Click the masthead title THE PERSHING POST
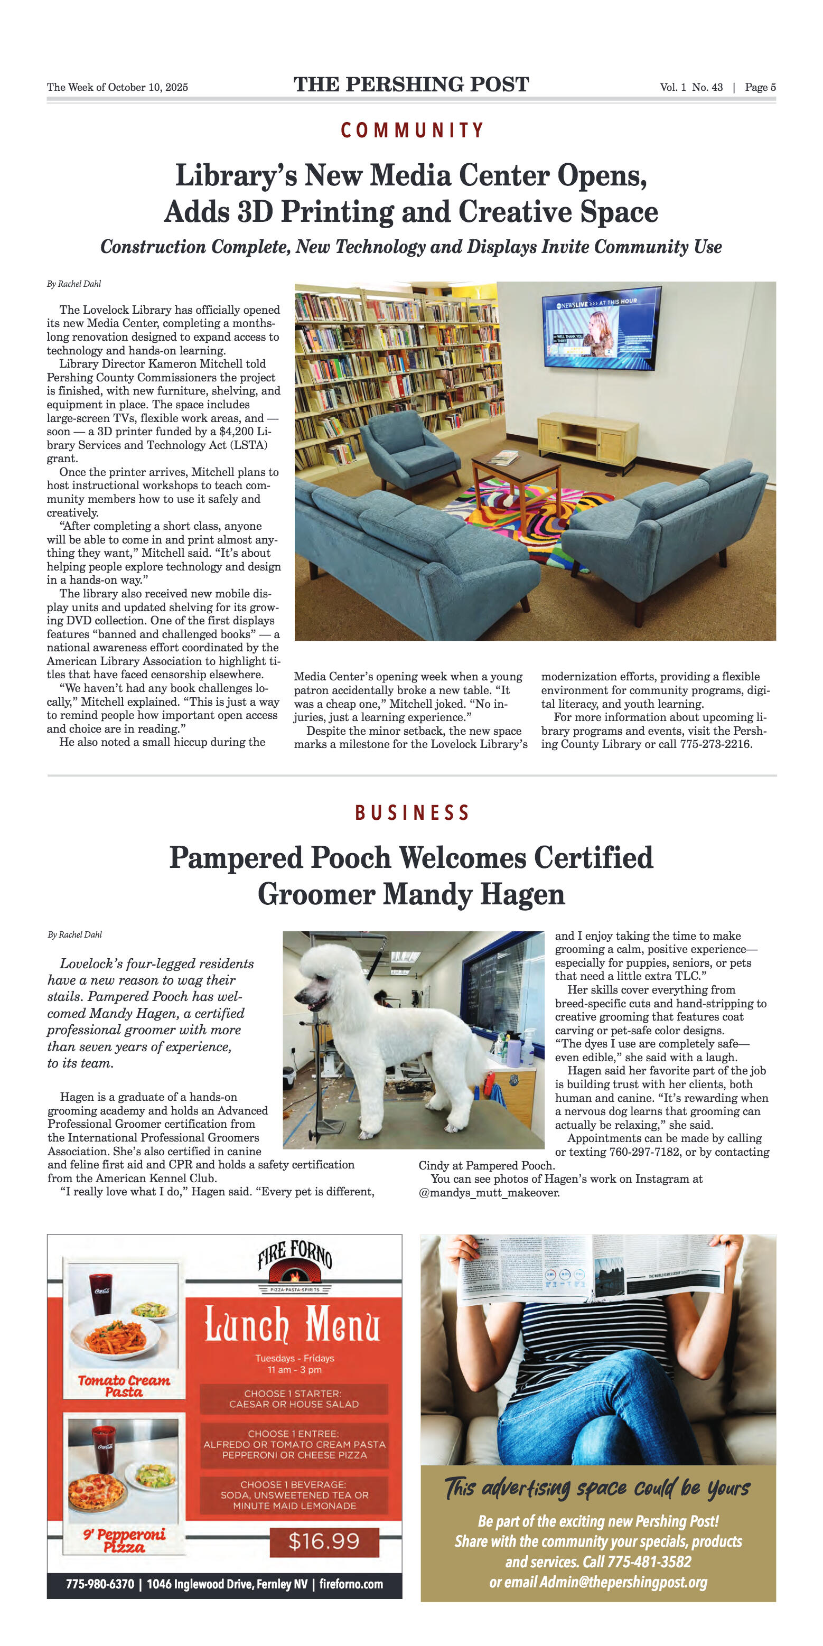tap(411, 85)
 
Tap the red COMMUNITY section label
tap(411, 130)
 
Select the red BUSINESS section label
tap(411, 813)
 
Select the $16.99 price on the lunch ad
tap(324, 1541)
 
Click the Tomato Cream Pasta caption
tap(124, 1385)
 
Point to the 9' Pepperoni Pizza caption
tap(124, 1540)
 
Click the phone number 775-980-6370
tap(100, 1584)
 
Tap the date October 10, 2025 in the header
tap(147, 88)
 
